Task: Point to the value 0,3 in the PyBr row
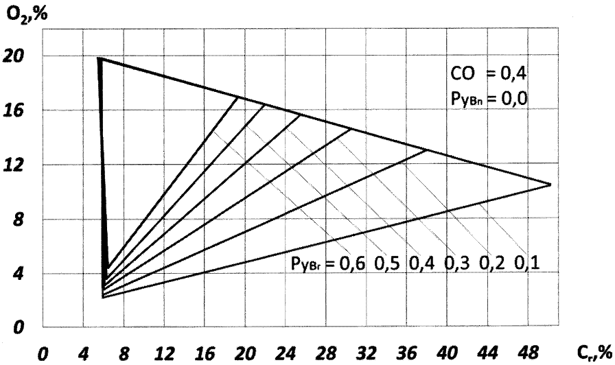coord(459,263)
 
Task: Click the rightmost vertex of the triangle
coord(550,184)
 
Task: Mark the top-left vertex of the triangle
coord(100,58)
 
